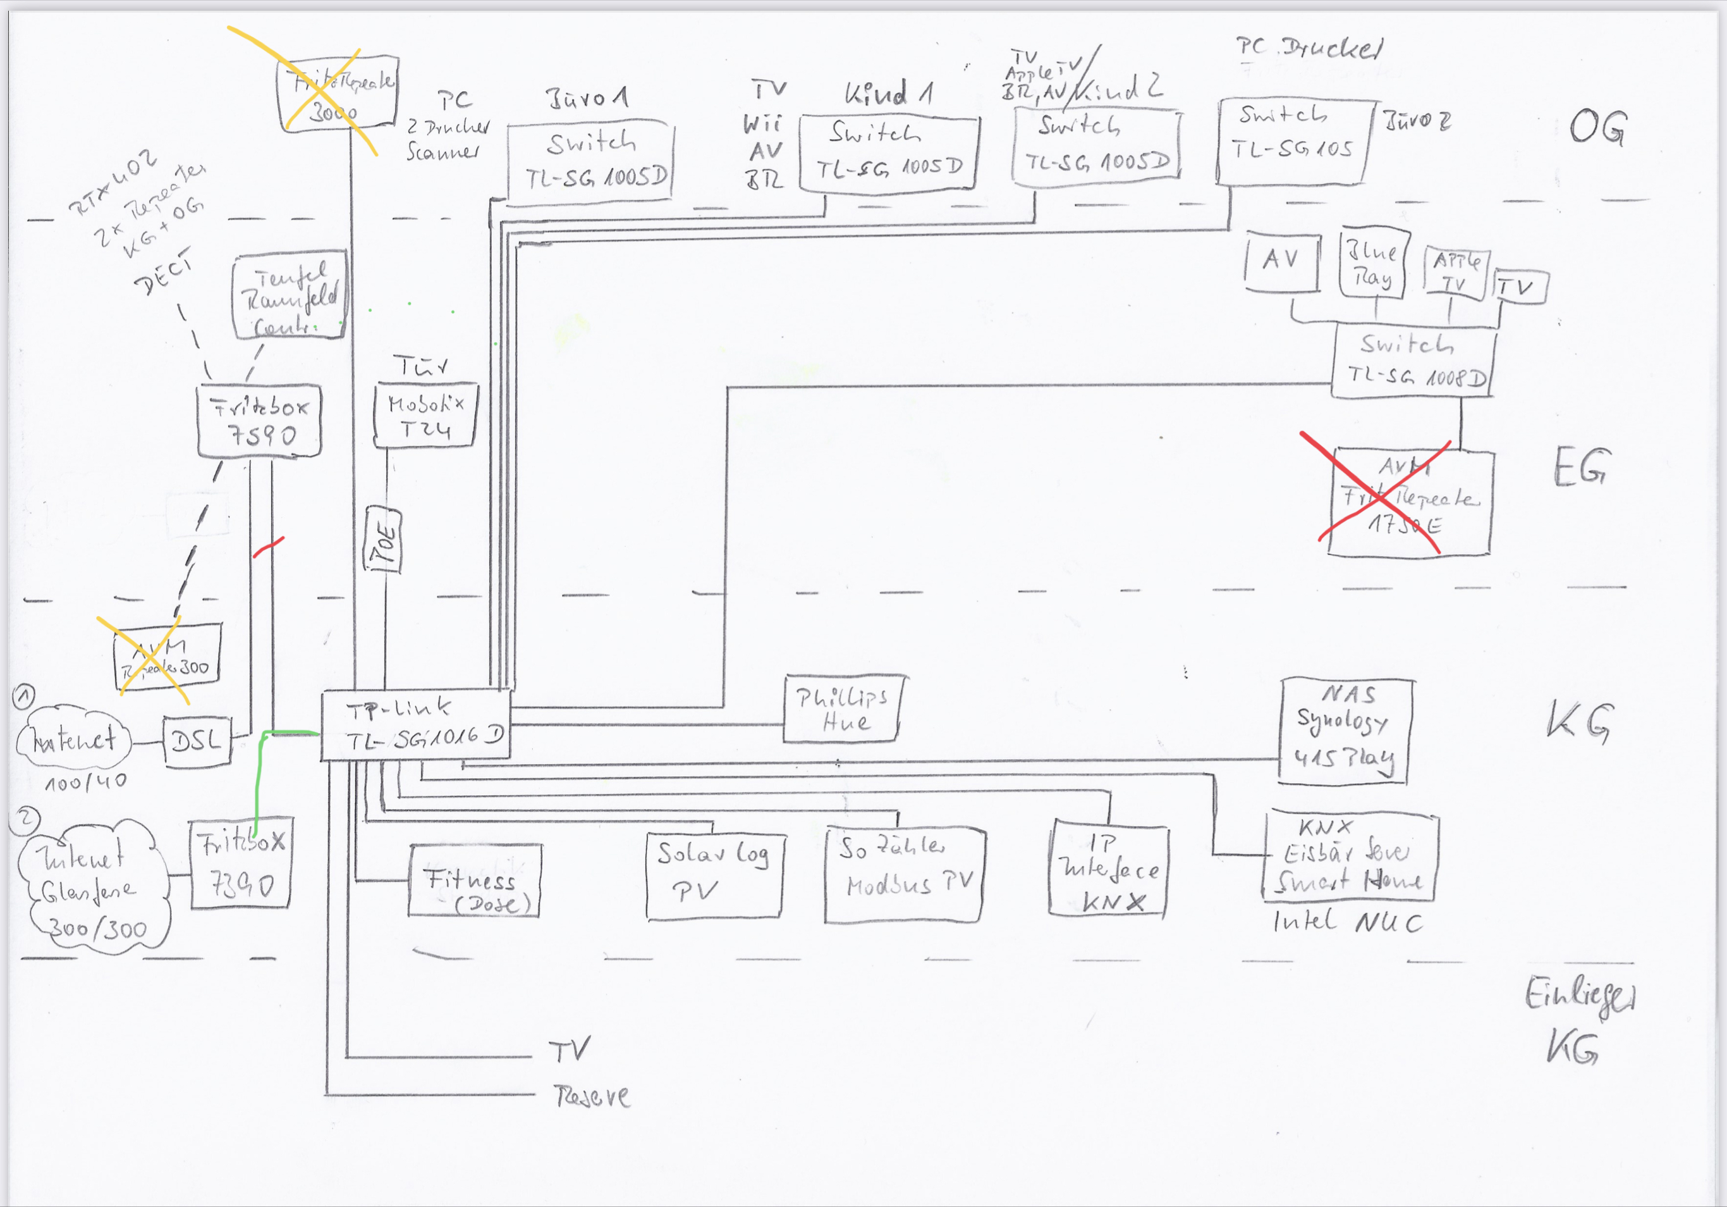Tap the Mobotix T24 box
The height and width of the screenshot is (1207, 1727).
click(x=425, y=416)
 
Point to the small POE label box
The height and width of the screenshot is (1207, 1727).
click(x=383, y=540)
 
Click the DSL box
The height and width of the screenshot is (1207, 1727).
click(x=197, y=741)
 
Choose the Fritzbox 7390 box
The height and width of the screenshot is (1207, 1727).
click(x=241, y=864)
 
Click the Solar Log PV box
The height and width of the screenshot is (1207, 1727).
click(x=714, y=874)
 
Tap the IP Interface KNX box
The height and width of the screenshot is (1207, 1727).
click(x=1108, y=870)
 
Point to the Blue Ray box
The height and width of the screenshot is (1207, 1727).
click(x=1374, y=263)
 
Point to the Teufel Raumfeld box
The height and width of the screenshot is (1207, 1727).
click(x=290, y=295)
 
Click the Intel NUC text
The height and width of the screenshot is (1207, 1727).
click(x=1347, y=922)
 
